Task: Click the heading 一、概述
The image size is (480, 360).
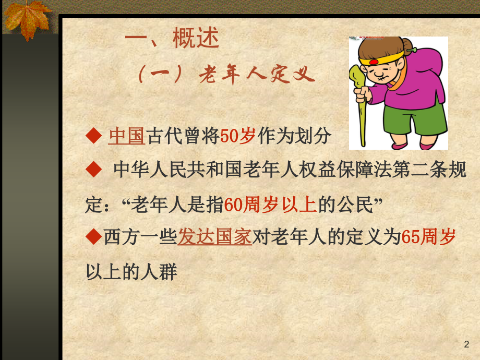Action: click(172, 40)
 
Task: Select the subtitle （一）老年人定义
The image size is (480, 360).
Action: click(227, 76)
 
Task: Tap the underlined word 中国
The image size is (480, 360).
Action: click(126, 136)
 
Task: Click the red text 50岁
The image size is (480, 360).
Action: click(237, 136)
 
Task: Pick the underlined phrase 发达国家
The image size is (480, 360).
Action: click(215, 237)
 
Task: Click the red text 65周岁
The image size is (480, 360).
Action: click(428, 237)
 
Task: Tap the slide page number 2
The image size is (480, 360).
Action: click(466, 344)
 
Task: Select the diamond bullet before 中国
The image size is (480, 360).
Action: click(94, 137)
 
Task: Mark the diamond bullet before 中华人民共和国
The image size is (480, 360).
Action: click(94, 170)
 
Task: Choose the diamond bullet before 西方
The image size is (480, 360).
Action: click(93, 238)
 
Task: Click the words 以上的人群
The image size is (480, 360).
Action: click(131, 272)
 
